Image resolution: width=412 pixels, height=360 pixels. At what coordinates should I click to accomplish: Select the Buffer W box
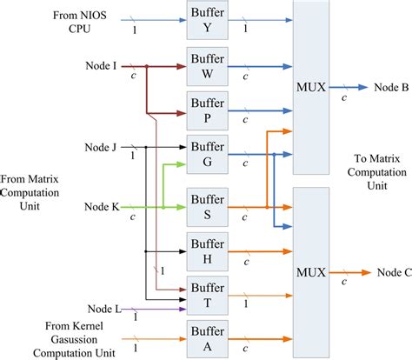click(x=206, y=65)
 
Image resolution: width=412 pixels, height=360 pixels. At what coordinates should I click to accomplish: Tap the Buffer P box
click(x=206, y=110)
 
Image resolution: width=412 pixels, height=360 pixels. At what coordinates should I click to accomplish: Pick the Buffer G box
click(x=206, y=154)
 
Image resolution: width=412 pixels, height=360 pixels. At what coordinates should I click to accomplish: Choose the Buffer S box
click(x=206, y=208)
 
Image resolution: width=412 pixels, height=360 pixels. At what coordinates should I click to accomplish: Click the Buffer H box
click(x=206, y=253)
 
